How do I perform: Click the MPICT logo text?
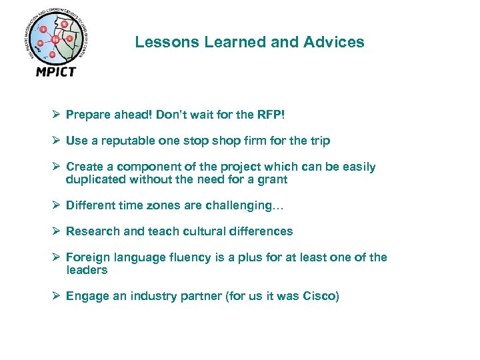point(56,71)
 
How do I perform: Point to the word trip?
point(319,141)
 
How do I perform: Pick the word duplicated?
point(94,179)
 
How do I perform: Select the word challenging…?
point(247,205)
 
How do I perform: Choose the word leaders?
point(87,270)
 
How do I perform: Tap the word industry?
point(135,296)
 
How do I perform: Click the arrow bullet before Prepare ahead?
point(57,115)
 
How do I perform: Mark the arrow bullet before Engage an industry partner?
point(57,296)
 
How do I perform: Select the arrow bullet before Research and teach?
point(57,231)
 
